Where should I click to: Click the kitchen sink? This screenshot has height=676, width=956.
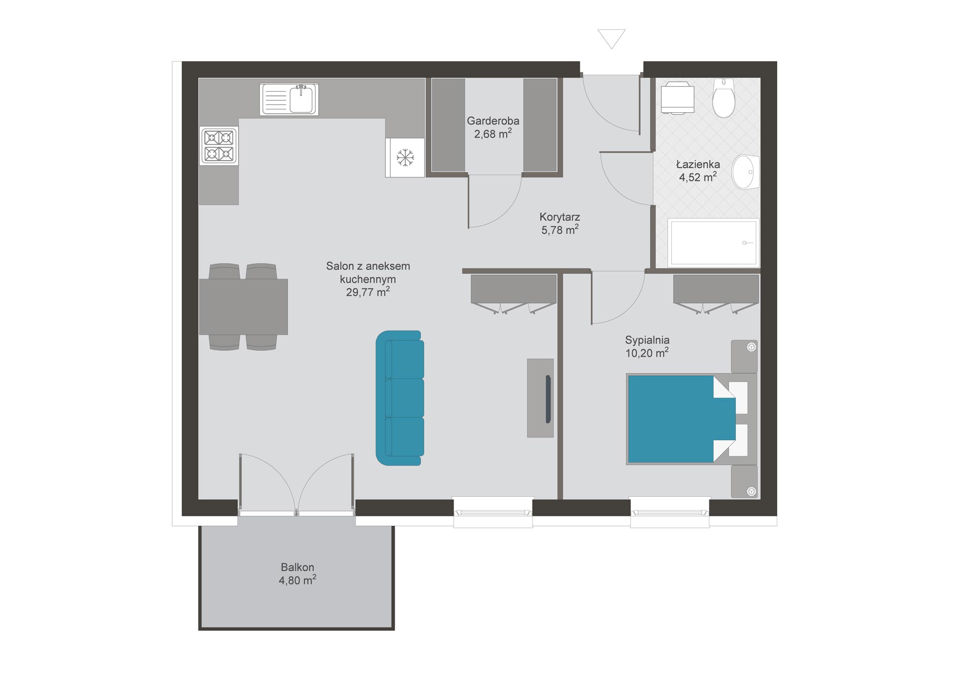[x=289, y=99]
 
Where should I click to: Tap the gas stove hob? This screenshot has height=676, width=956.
[x=219, y=146]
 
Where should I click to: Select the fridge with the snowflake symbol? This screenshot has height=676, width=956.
[x=405, y=158]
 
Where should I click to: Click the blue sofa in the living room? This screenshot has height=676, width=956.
[x=400, y=398]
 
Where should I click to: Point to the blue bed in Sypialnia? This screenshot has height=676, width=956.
[x=681, y=419]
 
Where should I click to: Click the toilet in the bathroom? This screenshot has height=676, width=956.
[x=724, y=98]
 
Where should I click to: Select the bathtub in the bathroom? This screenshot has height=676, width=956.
[x=713, y=242]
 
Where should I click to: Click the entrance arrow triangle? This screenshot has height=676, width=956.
[x=611, y=38]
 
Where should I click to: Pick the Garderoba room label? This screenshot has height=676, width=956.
[x=493, y=121]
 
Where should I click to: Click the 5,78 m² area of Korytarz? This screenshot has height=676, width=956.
[x=560, y=230]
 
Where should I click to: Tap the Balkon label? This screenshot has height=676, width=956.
[x=297, y=567]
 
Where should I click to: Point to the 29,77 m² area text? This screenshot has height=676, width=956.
[x=368, y=292]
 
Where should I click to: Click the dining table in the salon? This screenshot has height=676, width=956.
[x=243, y=307]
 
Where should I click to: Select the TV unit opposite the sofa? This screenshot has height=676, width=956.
[x=540, y=398]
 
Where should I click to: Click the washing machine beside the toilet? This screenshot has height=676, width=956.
[x=678, y=98]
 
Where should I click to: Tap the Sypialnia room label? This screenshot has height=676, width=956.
[x=647, y=340]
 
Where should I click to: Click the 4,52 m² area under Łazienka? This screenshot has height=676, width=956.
[x=698, y=177]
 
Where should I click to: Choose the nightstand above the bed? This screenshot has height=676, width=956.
[x=744, y=357]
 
